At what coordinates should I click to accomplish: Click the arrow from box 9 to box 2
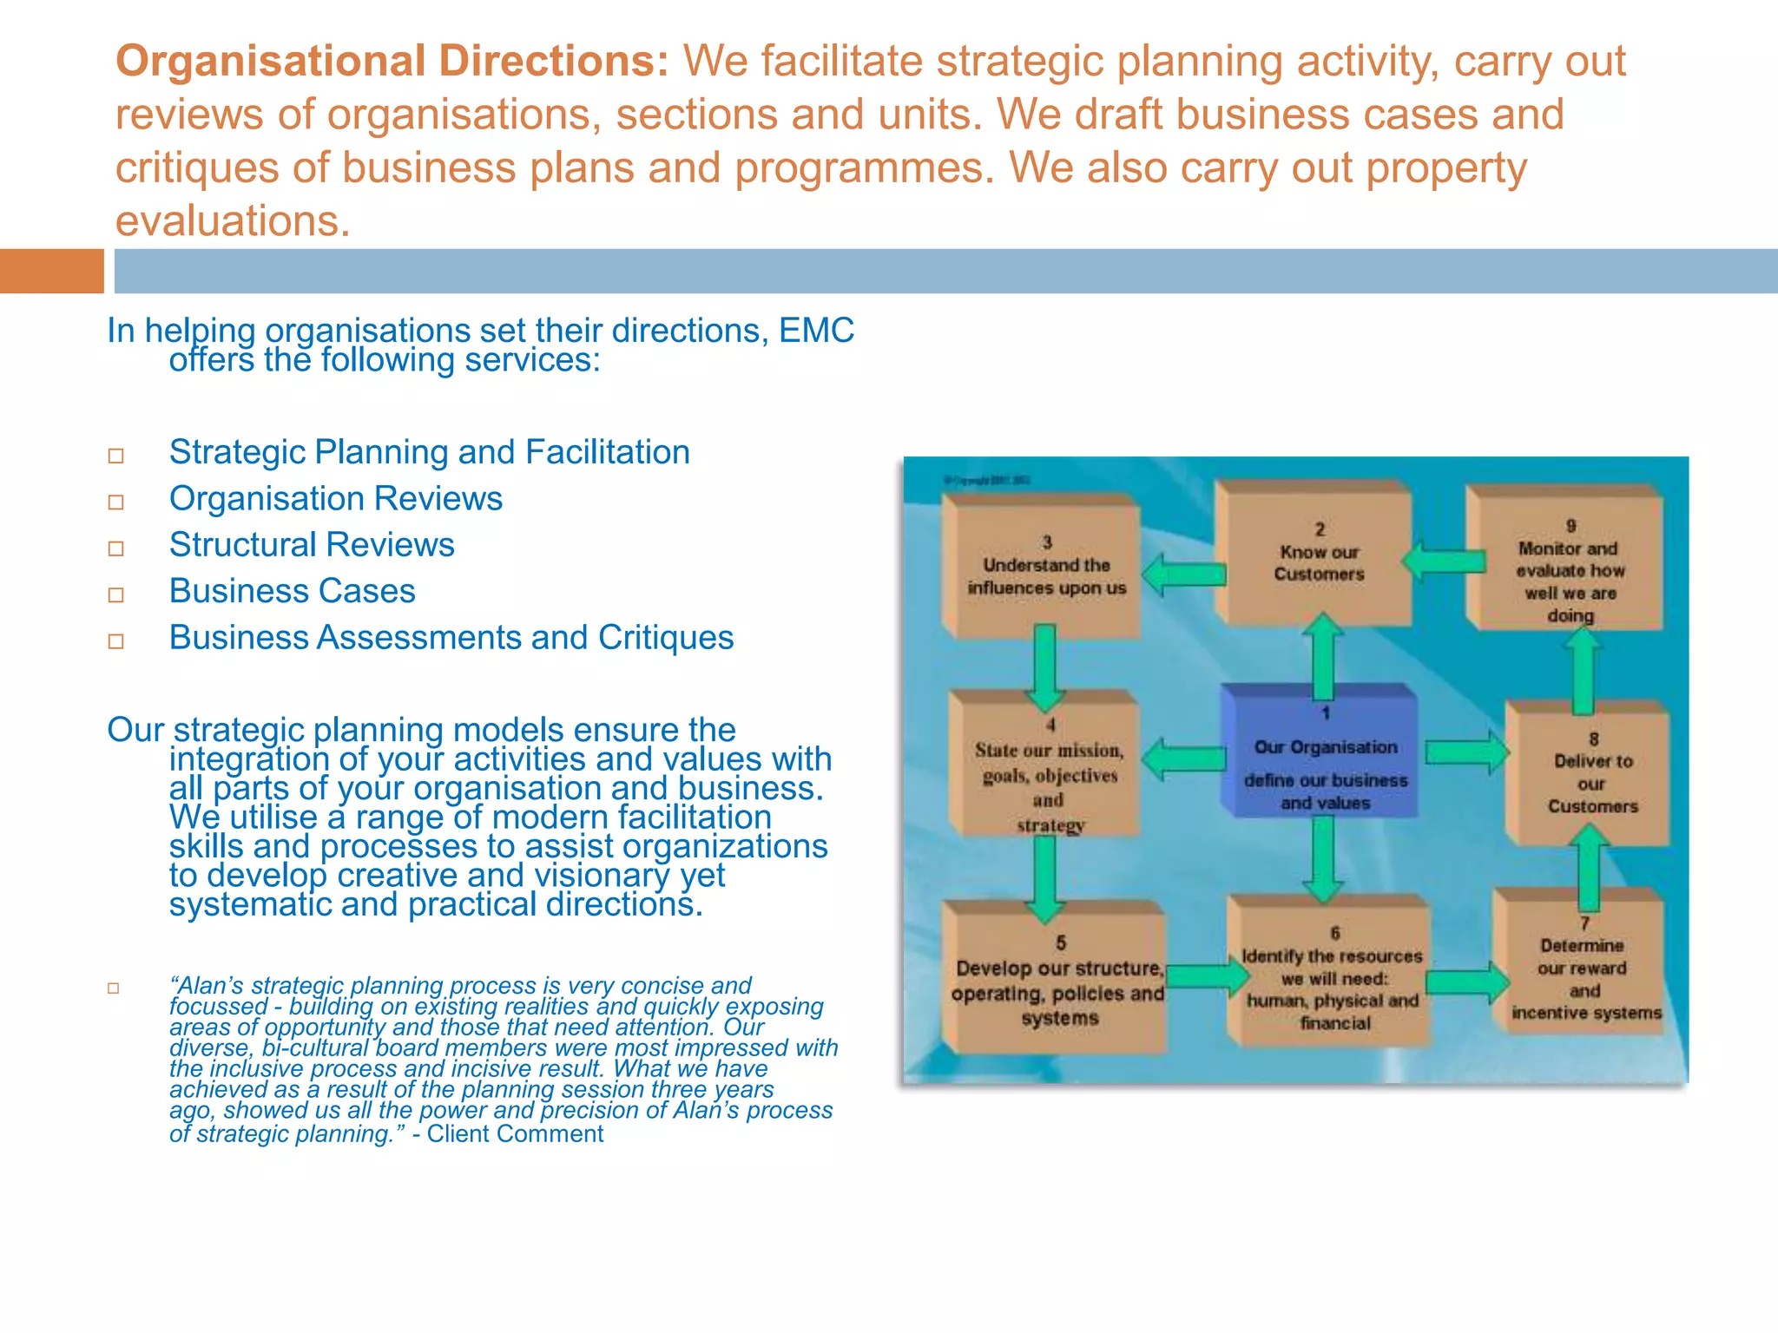click(1443, 562)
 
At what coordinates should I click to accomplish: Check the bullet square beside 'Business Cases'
click(116, 595)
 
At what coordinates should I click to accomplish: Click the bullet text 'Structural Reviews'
click(312, 545)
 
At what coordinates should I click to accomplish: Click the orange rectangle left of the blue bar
click(51, 271)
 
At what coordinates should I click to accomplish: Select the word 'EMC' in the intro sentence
click(816, 331)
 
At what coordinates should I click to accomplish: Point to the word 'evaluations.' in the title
click(233, 221)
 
